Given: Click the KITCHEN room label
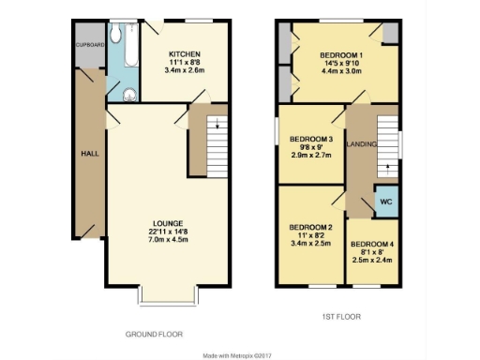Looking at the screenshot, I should (x=182, y=53).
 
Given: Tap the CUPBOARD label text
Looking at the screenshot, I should (x=88, y=44).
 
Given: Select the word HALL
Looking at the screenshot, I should (x=89, y=153).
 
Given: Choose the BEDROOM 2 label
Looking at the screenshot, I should (x=310, y=227).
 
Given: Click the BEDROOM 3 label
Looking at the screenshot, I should (x=310, y=140).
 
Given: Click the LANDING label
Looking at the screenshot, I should (x=362, y=144).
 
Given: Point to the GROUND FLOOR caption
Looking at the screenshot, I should (x=154, y=334).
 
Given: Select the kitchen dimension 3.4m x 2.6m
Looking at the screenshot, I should (x=182, y=70).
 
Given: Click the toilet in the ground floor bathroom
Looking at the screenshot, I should (x=114, y=35).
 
